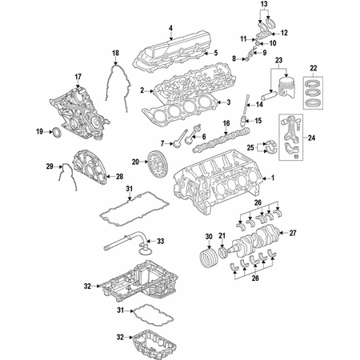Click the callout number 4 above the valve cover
coord(170,28)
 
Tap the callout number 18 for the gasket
coord(115,53)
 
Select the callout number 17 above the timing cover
coord(78,77)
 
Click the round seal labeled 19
coord(57,133)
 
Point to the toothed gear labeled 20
coord(156,162)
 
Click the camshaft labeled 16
coord(222,140)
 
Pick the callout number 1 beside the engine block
coord(273,178)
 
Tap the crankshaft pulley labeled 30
coord(208,257)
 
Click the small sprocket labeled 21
coord(222,252)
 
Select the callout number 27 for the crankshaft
coord(293,233)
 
